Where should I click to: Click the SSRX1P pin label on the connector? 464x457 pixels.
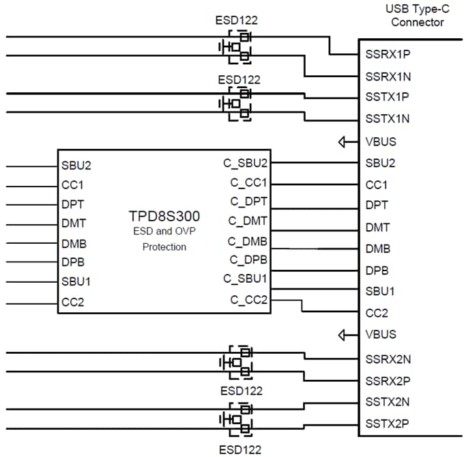point(387,54)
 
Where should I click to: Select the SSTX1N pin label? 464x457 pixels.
point(387,119)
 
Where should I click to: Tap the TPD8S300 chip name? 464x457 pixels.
point(164,217)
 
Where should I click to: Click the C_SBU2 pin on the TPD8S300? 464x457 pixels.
point(245,163)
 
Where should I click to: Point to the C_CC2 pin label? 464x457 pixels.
point(249,299)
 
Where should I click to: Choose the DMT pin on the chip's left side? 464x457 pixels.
point(73,223)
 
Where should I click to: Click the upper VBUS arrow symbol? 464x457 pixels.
point(346,141)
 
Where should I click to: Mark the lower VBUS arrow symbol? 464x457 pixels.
point(346,335)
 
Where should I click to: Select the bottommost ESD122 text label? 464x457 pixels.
point(240,449)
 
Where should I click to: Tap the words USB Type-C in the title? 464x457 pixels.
point(414,8)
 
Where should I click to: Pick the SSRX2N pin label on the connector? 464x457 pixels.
point(387,358)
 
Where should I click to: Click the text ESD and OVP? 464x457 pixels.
point(164,232)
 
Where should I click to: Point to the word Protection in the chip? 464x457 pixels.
point(164,247)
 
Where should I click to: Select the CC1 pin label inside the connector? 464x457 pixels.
point(377,185)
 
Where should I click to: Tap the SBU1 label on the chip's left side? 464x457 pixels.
point(76,281)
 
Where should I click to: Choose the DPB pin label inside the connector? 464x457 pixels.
point(377,270)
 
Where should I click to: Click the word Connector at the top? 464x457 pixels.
point(417,22)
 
